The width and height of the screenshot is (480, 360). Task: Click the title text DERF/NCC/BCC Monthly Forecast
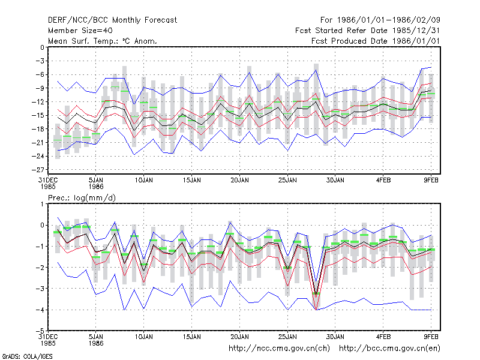112,20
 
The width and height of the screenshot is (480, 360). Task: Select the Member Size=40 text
80,31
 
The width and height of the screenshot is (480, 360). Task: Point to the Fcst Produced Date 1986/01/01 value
376,41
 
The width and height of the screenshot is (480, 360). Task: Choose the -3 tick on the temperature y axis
40,61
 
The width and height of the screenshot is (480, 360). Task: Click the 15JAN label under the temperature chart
192,181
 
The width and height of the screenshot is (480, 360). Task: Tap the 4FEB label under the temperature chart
383,181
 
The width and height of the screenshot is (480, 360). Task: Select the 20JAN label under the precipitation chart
239,337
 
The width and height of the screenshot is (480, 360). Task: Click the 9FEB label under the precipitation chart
431,337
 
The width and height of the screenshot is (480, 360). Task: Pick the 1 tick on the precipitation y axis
42,204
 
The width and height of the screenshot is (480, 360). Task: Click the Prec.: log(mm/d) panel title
82,198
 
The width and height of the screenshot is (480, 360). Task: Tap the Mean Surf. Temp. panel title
103,41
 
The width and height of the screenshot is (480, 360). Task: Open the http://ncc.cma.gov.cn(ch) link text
279,349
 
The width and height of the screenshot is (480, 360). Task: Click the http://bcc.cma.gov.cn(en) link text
389,349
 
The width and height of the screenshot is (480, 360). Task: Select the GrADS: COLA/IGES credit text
27,356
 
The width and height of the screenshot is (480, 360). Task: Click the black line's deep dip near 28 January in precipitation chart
316,293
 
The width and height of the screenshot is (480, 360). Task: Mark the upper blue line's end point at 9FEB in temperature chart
431,67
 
